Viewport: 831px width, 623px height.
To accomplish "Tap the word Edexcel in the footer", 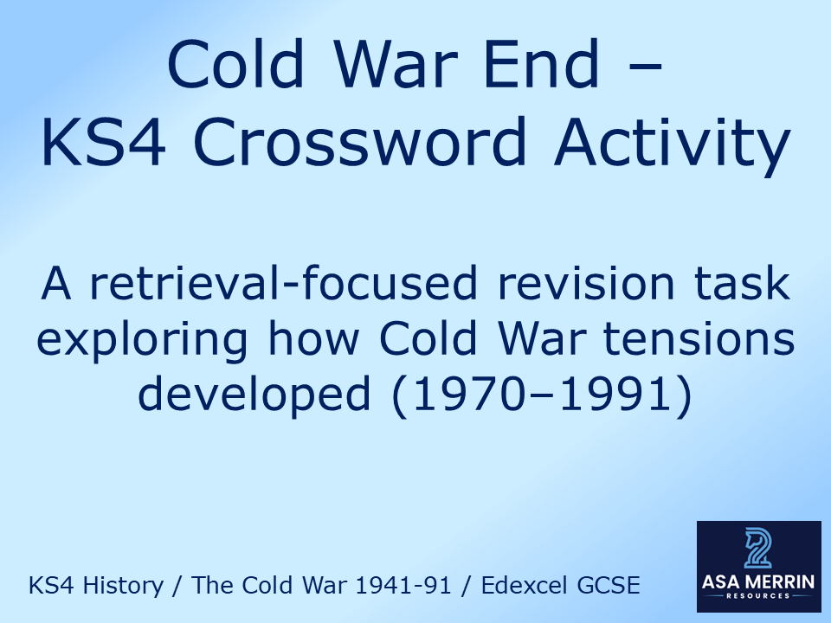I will (521, 586).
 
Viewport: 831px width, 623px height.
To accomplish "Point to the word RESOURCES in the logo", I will (757, 597).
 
